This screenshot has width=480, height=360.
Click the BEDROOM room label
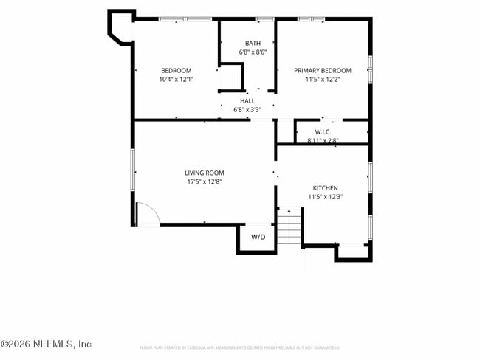point(176,71)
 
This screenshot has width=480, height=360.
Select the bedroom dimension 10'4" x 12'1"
point(176,80)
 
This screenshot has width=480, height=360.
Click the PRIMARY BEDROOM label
point(322,71)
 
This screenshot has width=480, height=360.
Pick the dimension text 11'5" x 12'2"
point(322,80)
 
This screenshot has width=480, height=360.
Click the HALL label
point(247,101)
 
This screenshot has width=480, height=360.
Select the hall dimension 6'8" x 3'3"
point(247,110)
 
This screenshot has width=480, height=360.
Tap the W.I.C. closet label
point(322,132)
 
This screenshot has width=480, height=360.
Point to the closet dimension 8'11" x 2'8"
point(323,139)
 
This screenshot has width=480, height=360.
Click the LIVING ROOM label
point(204,173)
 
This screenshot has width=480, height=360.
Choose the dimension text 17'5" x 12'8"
point(204,182)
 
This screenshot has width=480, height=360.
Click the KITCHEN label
point(325,188)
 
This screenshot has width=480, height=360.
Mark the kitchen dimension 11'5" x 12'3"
point(325,197)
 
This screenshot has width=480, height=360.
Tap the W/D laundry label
point(258,238)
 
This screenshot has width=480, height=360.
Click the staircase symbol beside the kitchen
point(290,226)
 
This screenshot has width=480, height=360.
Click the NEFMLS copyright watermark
point(46,344)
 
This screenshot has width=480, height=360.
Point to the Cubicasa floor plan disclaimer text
point(239,347)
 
